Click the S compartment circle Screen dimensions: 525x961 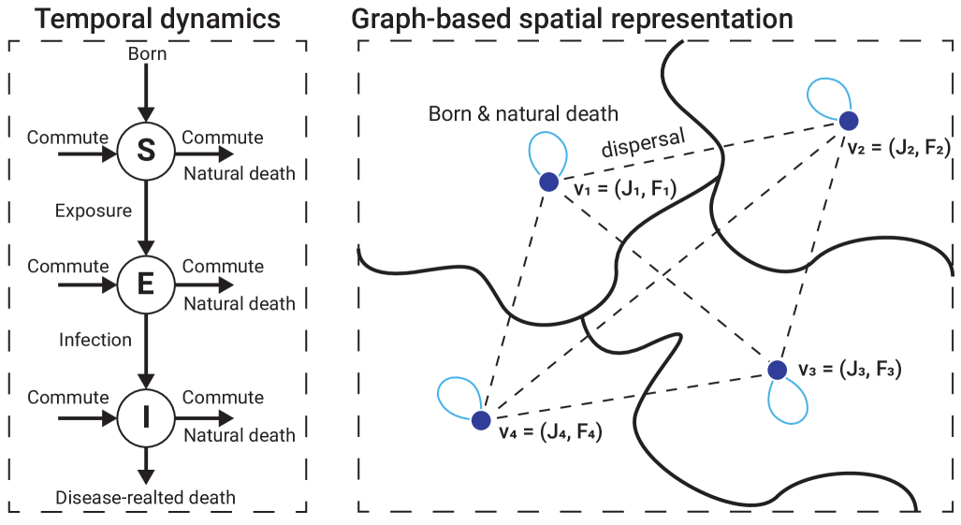[145, 152]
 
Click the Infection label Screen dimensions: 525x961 [95, 339]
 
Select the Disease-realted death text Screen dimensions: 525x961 [145, 497]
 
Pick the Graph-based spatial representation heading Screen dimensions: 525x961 [573, 19]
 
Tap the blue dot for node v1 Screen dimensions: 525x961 [548, 181]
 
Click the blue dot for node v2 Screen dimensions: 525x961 [848, 120]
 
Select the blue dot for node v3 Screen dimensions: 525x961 [777, 370]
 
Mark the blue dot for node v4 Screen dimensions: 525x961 [481, 420]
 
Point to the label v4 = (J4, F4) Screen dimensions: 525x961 [549, 433]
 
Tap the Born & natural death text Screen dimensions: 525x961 [523, 115]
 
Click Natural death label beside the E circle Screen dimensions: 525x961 [239, 303]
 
